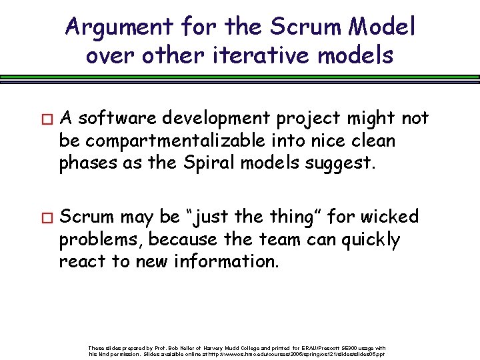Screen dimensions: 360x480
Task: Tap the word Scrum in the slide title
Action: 299,28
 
